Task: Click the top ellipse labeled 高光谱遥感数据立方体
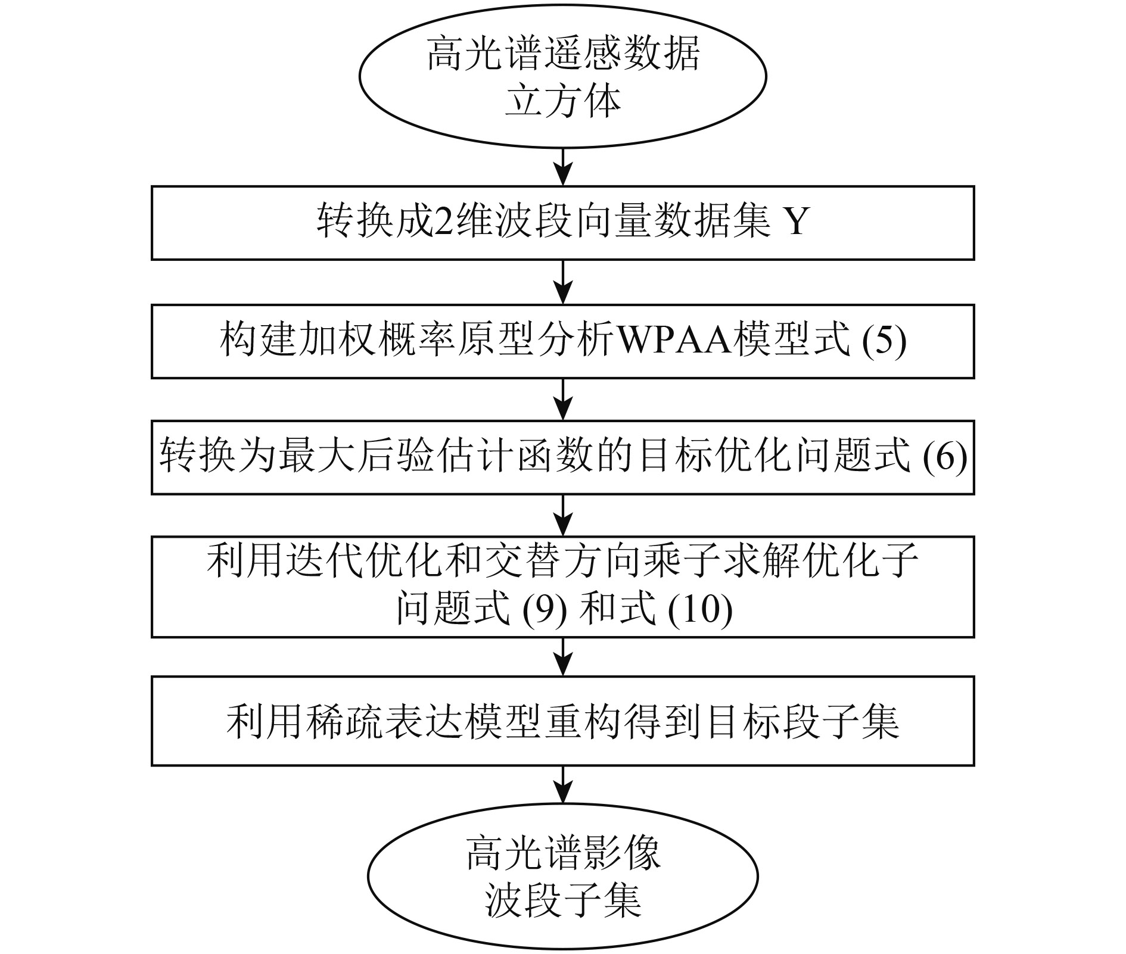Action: (x=562, y=76)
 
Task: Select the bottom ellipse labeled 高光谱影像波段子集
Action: (x=562, y=877)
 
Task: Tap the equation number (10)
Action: (x=700, y=610)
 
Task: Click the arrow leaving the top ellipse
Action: (x=563, y=167)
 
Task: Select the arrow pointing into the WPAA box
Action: (x=563, y=282)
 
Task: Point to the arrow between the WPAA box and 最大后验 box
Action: (x=563, y=399)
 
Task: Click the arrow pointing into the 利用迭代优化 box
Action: (x=563, y=516)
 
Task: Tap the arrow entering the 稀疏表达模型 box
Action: (x=563, y=657)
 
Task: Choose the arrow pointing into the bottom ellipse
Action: (x=563, y=785)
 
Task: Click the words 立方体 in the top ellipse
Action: (x=562, y=101)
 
